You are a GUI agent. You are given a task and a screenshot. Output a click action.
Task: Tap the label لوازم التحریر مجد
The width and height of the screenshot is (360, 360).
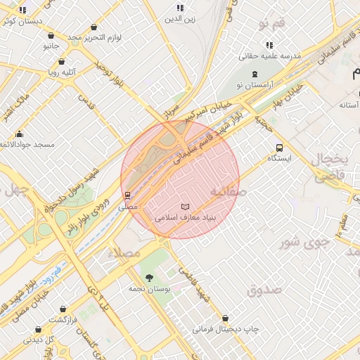click(96, 36)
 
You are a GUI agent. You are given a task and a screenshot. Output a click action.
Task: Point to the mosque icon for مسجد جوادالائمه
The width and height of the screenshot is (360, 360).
click(19, 134)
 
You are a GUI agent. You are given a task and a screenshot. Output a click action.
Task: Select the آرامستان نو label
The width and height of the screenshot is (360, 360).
click(255, 84)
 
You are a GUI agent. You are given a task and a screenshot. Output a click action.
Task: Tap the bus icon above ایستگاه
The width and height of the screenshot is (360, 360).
click(280, 148)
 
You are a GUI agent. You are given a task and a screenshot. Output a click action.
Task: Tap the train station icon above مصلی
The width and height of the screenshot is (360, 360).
click(128, 196)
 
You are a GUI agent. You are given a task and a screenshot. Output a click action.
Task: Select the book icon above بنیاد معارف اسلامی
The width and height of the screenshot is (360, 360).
click(185, 207)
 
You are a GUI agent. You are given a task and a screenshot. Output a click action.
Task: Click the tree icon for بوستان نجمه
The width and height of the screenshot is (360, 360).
click(148, 278)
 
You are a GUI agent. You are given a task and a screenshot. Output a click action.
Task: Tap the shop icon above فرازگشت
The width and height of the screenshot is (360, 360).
click(63, 309)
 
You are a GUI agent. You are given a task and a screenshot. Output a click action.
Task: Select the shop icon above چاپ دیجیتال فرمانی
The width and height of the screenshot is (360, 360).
click(225, 319)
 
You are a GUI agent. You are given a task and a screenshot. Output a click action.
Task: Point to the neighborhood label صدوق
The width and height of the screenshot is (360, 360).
click(264, 289)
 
